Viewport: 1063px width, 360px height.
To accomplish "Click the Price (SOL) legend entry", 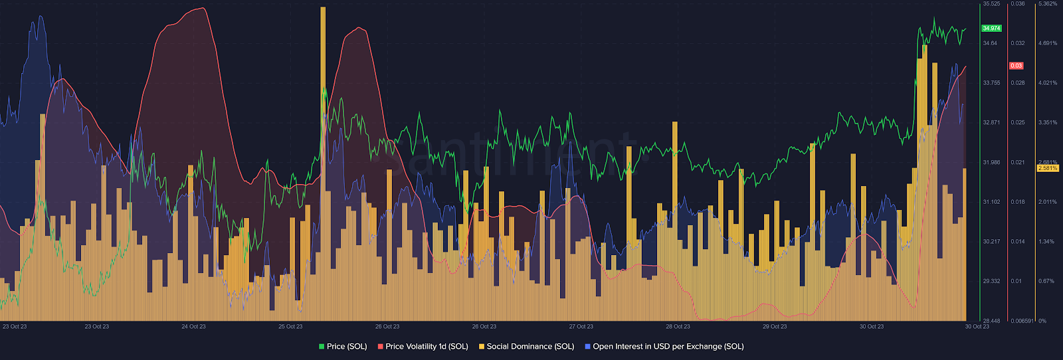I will pyautogui.click(x=343, y=347).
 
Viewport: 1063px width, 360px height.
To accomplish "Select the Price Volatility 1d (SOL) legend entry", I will pyautogui.click(x=423, y=347).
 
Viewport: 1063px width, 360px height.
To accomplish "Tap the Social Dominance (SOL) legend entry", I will pyautogui.click(x=526, y=347).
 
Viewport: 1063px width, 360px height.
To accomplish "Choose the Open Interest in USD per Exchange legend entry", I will pyautogui.click(x=664, y=347).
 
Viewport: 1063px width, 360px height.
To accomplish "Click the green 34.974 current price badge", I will pyautogui.click(x=991, y=29).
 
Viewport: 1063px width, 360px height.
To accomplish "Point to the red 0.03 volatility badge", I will pyautogui.click(x=1016, y=66).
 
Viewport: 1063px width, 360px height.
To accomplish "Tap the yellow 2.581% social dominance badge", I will pyautogui.click(x=1048, y=168).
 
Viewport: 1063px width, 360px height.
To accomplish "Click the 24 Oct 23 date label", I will pyautogui.click(x=193, y=327).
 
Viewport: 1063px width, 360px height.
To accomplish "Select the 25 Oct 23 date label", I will pyautogui.click(x=290, y=327).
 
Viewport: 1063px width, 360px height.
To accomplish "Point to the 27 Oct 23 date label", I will pyautogui.click(x=581, y=327).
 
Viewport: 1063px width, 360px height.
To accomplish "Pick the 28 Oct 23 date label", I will pyautogui.click(x=678, y=327).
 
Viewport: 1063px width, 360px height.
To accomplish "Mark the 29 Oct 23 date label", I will pyautogui.click(x=775, y=327).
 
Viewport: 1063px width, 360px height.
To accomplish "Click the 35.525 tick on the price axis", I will pyautogui.click(x=991, y=4).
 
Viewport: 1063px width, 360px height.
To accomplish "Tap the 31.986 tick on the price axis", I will pyautogui.click(x=991, y=163).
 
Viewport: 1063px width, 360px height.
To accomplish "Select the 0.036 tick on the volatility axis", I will pyautogui.click(x=1018, y=4).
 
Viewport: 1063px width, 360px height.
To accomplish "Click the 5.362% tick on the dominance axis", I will pyautogui.click(x=1048, y=4).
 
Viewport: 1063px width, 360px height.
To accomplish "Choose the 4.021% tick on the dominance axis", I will pyautogui.click(x=1047, y=83).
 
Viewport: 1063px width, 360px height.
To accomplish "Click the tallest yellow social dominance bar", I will pyautogui.click(x=323, y=133).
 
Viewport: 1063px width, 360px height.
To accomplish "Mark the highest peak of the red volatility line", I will pyautogui.click(x=202, y=9).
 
